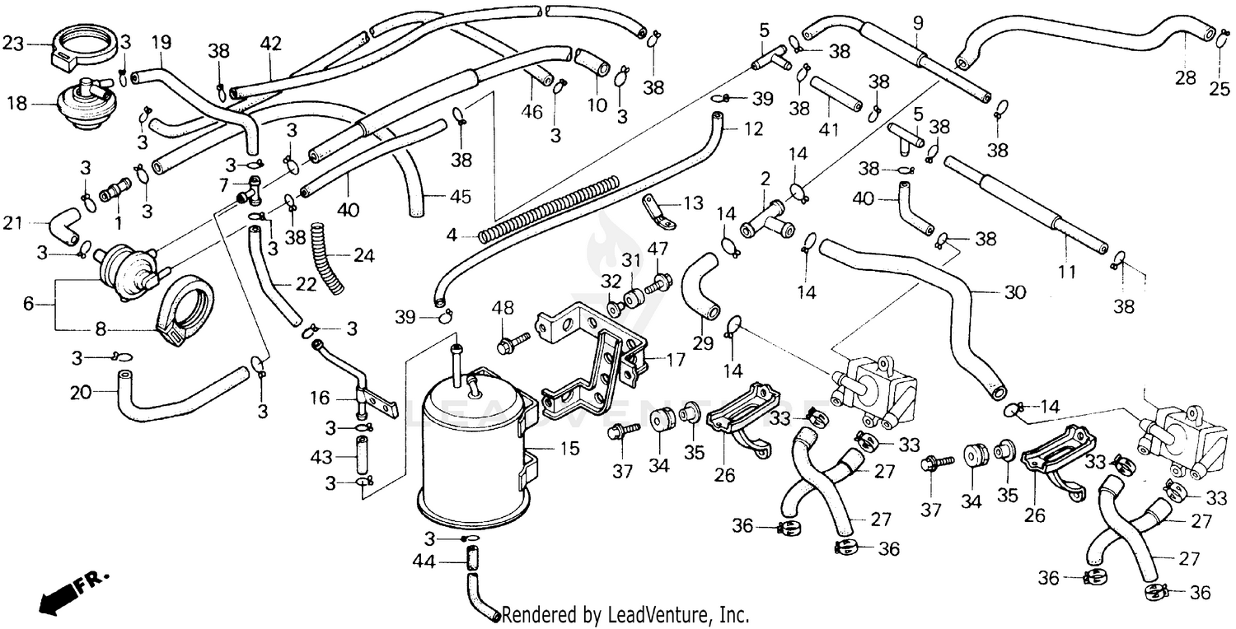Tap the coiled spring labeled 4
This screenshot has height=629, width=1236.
[548, 208]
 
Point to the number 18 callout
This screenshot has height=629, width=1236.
[16, 104]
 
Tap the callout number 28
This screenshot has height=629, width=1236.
[1185, 77]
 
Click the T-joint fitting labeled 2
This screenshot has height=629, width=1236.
[766, 216]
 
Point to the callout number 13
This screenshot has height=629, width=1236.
[693, 203]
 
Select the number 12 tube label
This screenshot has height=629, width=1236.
[753, 129]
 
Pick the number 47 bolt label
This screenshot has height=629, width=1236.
[658, 249]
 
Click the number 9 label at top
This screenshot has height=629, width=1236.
[919, 21]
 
